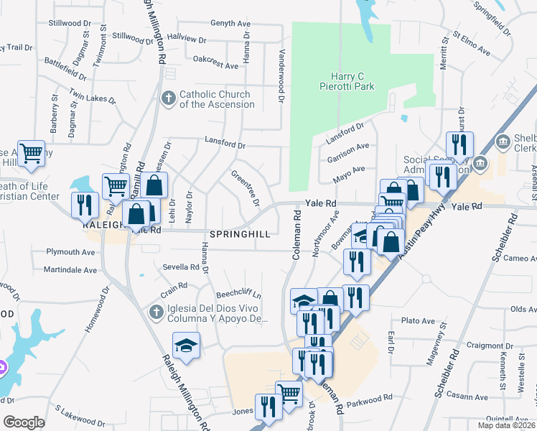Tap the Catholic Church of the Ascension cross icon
point(168,98)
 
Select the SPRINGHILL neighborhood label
point(240,234)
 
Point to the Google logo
point(24,422)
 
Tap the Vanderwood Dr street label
point(281,71)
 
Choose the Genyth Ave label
point(230,23)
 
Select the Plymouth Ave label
point(70,252)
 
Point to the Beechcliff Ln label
point(238,295)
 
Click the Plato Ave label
point(419,320)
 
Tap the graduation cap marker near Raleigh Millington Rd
point(186,345)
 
